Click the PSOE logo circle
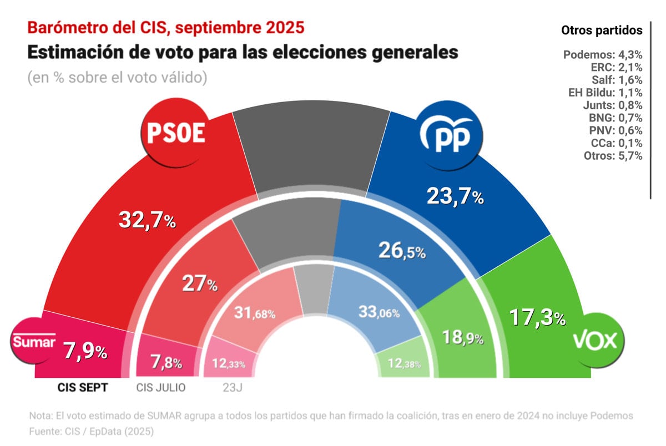pyautogui.click(x=176, y=133)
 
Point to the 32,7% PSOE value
pyautogui.click(x=148, y=221)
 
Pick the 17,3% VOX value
pyautogui.click(x=537, y=318)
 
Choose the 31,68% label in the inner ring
pyautogui.click(x=254, y=313)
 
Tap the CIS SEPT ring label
pyautogui.click(x=83, y=388)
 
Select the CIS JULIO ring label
pyautogui.click(x=161, y=388)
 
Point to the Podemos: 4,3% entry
pyautogui.click(x=603, y=55)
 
